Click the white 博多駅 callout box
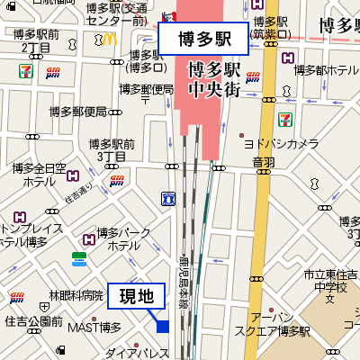click(202, 39)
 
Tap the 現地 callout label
click(137, 295)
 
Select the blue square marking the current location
click(162, 326)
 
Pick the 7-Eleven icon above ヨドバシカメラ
click(286, 117)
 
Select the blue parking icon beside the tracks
click(167, 197)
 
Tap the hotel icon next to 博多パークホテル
click(89, 239)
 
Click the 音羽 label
click(263, 162)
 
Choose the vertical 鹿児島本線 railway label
click(183, 281)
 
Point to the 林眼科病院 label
click(76, 295)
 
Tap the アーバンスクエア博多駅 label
click(272, 324)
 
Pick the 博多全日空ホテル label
click(40, 174)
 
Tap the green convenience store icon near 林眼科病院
click(79, 259)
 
